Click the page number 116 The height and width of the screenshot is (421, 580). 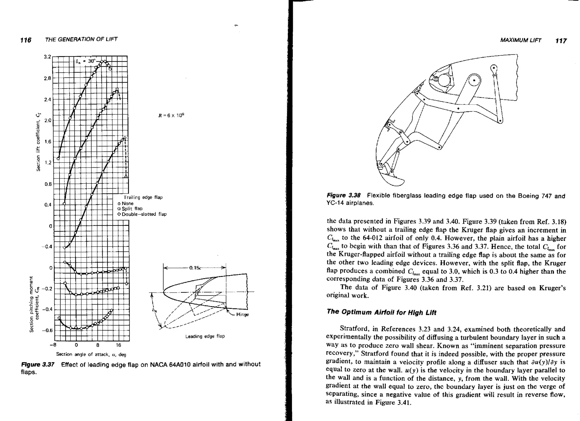pos(26,40)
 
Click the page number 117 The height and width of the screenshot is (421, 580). pos(561,41)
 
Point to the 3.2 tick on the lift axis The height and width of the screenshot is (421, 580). pos(47,57)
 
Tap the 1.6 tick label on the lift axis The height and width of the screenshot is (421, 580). pos(47,142)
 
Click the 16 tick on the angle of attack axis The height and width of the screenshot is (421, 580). pos(118,345)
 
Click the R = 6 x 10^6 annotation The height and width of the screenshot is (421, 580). pos(171,116)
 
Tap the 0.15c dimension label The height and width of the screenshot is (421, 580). pos(195,268)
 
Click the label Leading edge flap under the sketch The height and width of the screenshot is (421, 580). pos(205,336)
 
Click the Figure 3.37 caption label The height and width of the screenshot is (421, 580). pos(38,364)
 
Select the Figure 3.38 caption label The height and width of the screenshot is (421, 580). pos(344,195)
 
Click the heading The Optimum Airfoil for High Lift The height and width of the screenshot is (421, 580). pos(381,312)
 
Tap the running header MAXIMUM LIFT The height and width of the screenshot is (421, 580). pos(521,40)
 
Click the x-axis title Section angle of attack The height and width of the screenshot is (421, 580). pos(91,354)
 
